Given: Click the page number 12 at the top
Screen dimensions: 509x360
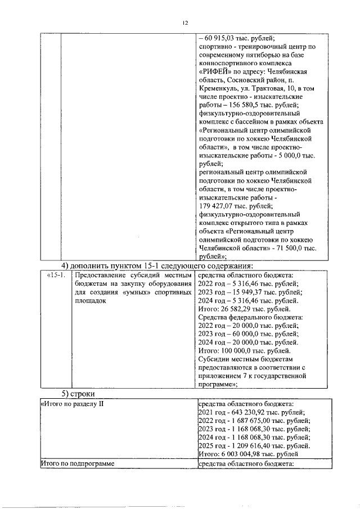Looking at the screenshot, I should tap(184, 23).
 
